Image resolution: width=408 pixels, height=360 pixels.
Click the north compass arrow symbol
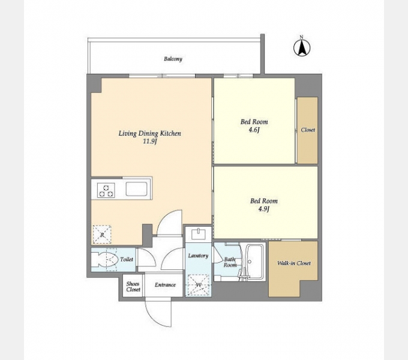click(302, 47)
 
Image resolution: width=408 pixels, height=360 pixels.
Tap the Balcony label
click(173, 59)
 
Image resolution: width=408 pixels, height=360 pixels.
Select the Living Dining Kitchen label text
click(149, 133)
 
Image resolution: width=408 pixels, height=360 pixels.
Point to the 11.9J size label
click(150, 141)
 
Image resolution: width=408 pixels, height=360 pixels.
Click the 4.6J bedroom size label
click(254, 130)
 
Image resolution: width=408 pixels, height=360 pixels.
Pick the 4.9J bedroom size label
click(263, 209)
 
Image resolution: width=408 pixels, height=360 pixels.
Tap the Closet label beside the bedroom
click(308, 130)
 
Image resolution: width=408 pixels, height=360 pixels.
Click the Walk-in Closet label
click(294, 263)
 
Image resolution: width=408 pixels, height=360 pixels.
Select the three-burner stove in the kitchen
click(106, 190)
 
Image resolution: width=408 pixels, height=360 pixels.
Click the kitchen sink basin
click(137, 189)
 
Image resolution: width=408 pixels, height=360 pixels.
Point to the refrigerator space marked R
click(102, 235)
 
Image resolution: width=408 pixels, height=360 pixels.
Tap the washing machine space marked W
click(198, 285)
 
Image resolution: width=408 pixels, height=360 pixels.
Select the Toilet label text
click(127, 259)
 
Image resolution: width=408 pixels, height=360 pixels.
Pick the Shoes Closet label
click(133, 287)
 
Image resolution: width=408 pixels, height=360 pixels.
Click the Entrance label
click(165, 285)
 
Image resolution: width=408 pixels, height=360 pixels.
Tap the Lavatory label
click(198, 256)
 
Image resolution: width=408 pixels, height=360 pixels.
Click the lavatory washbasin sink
click(199, 234)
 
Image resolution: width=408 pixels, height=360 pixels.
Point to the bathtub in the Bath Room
click(254, 262)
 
